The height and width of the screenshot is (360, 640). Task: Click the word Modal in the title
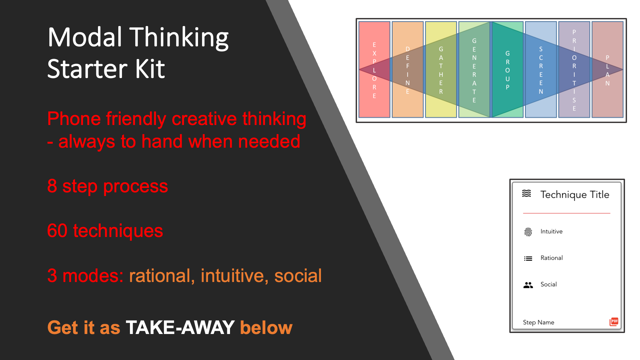pyautogui.click(x=85, y=37)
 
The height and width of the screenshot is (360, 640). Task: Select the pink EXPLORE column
pyautogui.click(x=374, y=70)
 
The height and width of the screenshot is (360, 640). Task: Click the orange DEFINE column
pyautogui.click(x=408, y=70)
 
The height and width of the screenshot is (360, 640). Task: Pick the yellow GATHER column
pyautogui.click(x=441, y=70)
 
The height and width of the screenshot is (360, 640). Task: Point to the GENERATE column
pyautogui.click(x=474, y=70)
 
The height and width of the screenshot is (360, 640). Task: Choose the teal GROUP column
pyautogui.click(x=508, y=70)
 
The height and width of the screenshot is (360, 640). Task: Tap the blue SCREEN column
pyautogui.click(x=541, y=70)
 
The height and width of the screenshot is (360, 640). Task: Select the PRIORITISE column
pyautogui.click(x=574, y=70)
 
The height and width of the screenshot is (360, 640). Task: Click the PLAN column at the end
pyautogui.click(x=608, y=70)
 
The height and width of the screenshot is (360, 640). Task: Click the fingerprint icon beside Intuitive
pyautogui.click(x=528, y=232)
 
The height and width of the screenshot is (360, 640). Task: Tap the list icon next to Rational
pyautogui.click(x=528, y=258)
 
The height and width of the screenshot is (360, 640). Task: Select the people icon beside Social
pyautogui.click(x=528, y=285)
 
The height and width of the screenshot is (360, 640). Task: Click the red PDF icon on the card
pyautogui.click(x=614, y=322)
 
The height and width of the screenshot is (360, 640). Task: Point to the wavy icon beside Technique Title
pyautogui.click(x=527, y=193)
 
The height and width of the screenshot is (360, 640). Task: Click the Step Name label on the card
pyautogui.click(x=539, y=322)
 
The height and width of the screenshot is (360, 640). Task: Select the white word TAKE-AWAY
pyautogui.click(x=180, y=327)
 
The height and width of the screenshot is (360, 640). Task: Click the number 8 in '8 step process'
pyautogui.click(x=52, y=186)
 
